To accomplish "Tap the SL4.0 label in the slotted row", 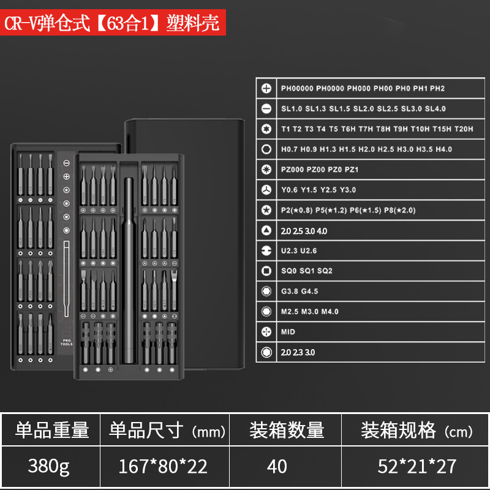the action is point(435,108).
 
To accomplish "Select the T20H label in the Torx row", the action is point(463,129).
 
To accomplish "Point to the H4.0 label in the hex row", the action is point(443,149).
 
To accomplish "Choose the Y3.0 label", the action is point(348,189).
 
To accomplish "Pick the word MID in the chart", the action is point(288,331).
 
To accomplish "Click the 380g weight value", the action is point(49,466).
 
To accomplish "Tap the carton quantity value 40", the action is point(277,466).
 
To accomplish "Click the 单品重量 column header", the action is point(53,430).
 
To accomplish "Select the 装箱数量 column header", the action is point(286,430).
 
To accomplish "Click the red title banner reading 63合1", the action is point(114,24).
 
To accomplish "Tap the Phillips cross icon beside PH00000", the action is point(266,88).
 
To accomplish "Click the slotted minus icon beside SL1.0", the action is point(266,108).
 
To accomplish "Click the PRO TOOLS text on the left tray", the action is point(67,342).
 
